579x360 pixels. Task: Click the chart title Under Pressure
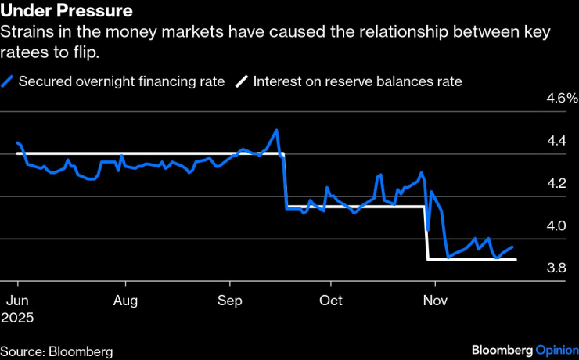[x=66, y=12]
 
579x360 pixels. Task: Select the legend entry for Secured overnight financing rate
[x=121, y=81]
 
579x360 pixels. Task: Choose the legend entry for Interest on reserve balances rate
[x=357, y=81]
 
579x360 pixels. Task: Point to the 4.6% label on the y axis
[x=561, y=99]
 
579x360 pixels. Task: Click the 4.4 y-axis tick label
[x=556, y=142]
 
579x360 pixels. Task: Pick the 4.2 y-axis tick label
[x=556, y=184]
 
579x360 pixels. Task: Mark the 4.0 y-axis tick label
[x=556, y=226]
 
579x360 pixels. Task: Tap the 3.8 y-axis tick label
[x=556, y=268]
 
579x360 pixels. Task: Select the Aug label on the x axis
[x=126, y=301]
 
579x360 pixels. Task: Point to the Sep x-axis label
[x=229, y=301]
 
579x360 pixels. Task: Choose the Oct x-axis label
[x=331, y=301]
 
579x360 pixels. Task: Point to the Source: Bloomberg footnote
[x=56, y=351]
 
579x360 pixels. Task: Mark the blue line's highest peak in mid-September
[x=276, y=130]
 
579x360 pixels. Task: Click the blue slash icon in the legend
[x=7, y=81]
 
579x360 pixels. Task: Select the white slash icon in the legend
[x=243, y=81]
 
